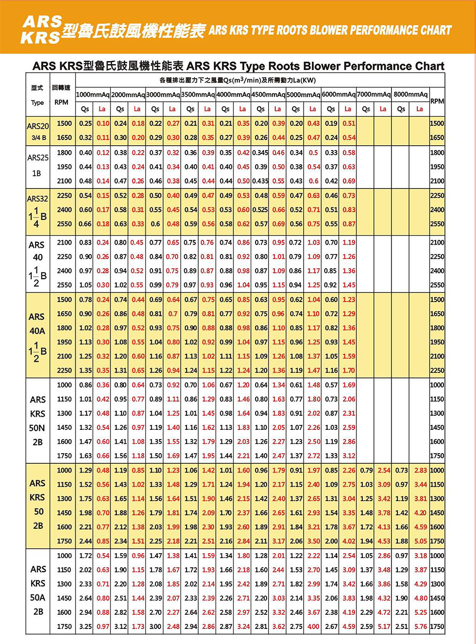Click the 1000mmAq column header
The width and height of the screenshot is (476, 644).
[93, 94]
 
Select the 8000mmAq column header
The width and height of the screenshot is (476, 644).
[410, 94]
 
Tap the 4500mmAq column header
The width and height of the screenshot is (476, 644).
[269, 94]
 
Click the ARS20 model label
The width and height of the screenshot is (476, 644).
[38, 126]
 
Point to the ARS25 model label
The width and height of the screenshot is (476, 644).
[38, 158]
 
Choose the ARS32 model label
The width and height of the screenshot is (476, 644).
[38, 199]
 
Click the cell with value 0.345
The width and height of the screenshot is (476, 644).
[260, 153]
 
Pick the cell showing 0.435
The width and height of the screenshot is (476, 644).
[260, 181]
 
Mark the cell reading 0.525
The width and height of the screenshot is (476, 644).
[260, 210]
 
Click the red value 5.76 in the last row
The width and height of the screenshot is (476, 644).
[421, 627]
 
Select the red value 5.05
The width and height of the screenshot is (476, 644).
[421, 541]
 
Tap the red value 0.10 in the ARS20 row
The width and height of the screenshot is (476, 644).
[102, 123]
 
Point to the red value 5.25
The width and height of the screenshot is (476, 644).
[421, 612]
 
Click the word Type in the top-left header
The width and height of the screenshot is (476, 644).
[37, 103]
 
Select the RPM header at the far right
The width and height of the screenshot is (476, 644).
[437, 101]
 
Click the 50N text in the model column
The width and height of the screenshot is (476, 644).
[37, 428]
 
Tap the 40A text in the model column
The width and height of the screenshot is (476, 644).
[37, 331]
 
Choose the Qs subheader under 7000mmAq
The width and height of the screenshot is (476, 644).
[366, 109]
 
